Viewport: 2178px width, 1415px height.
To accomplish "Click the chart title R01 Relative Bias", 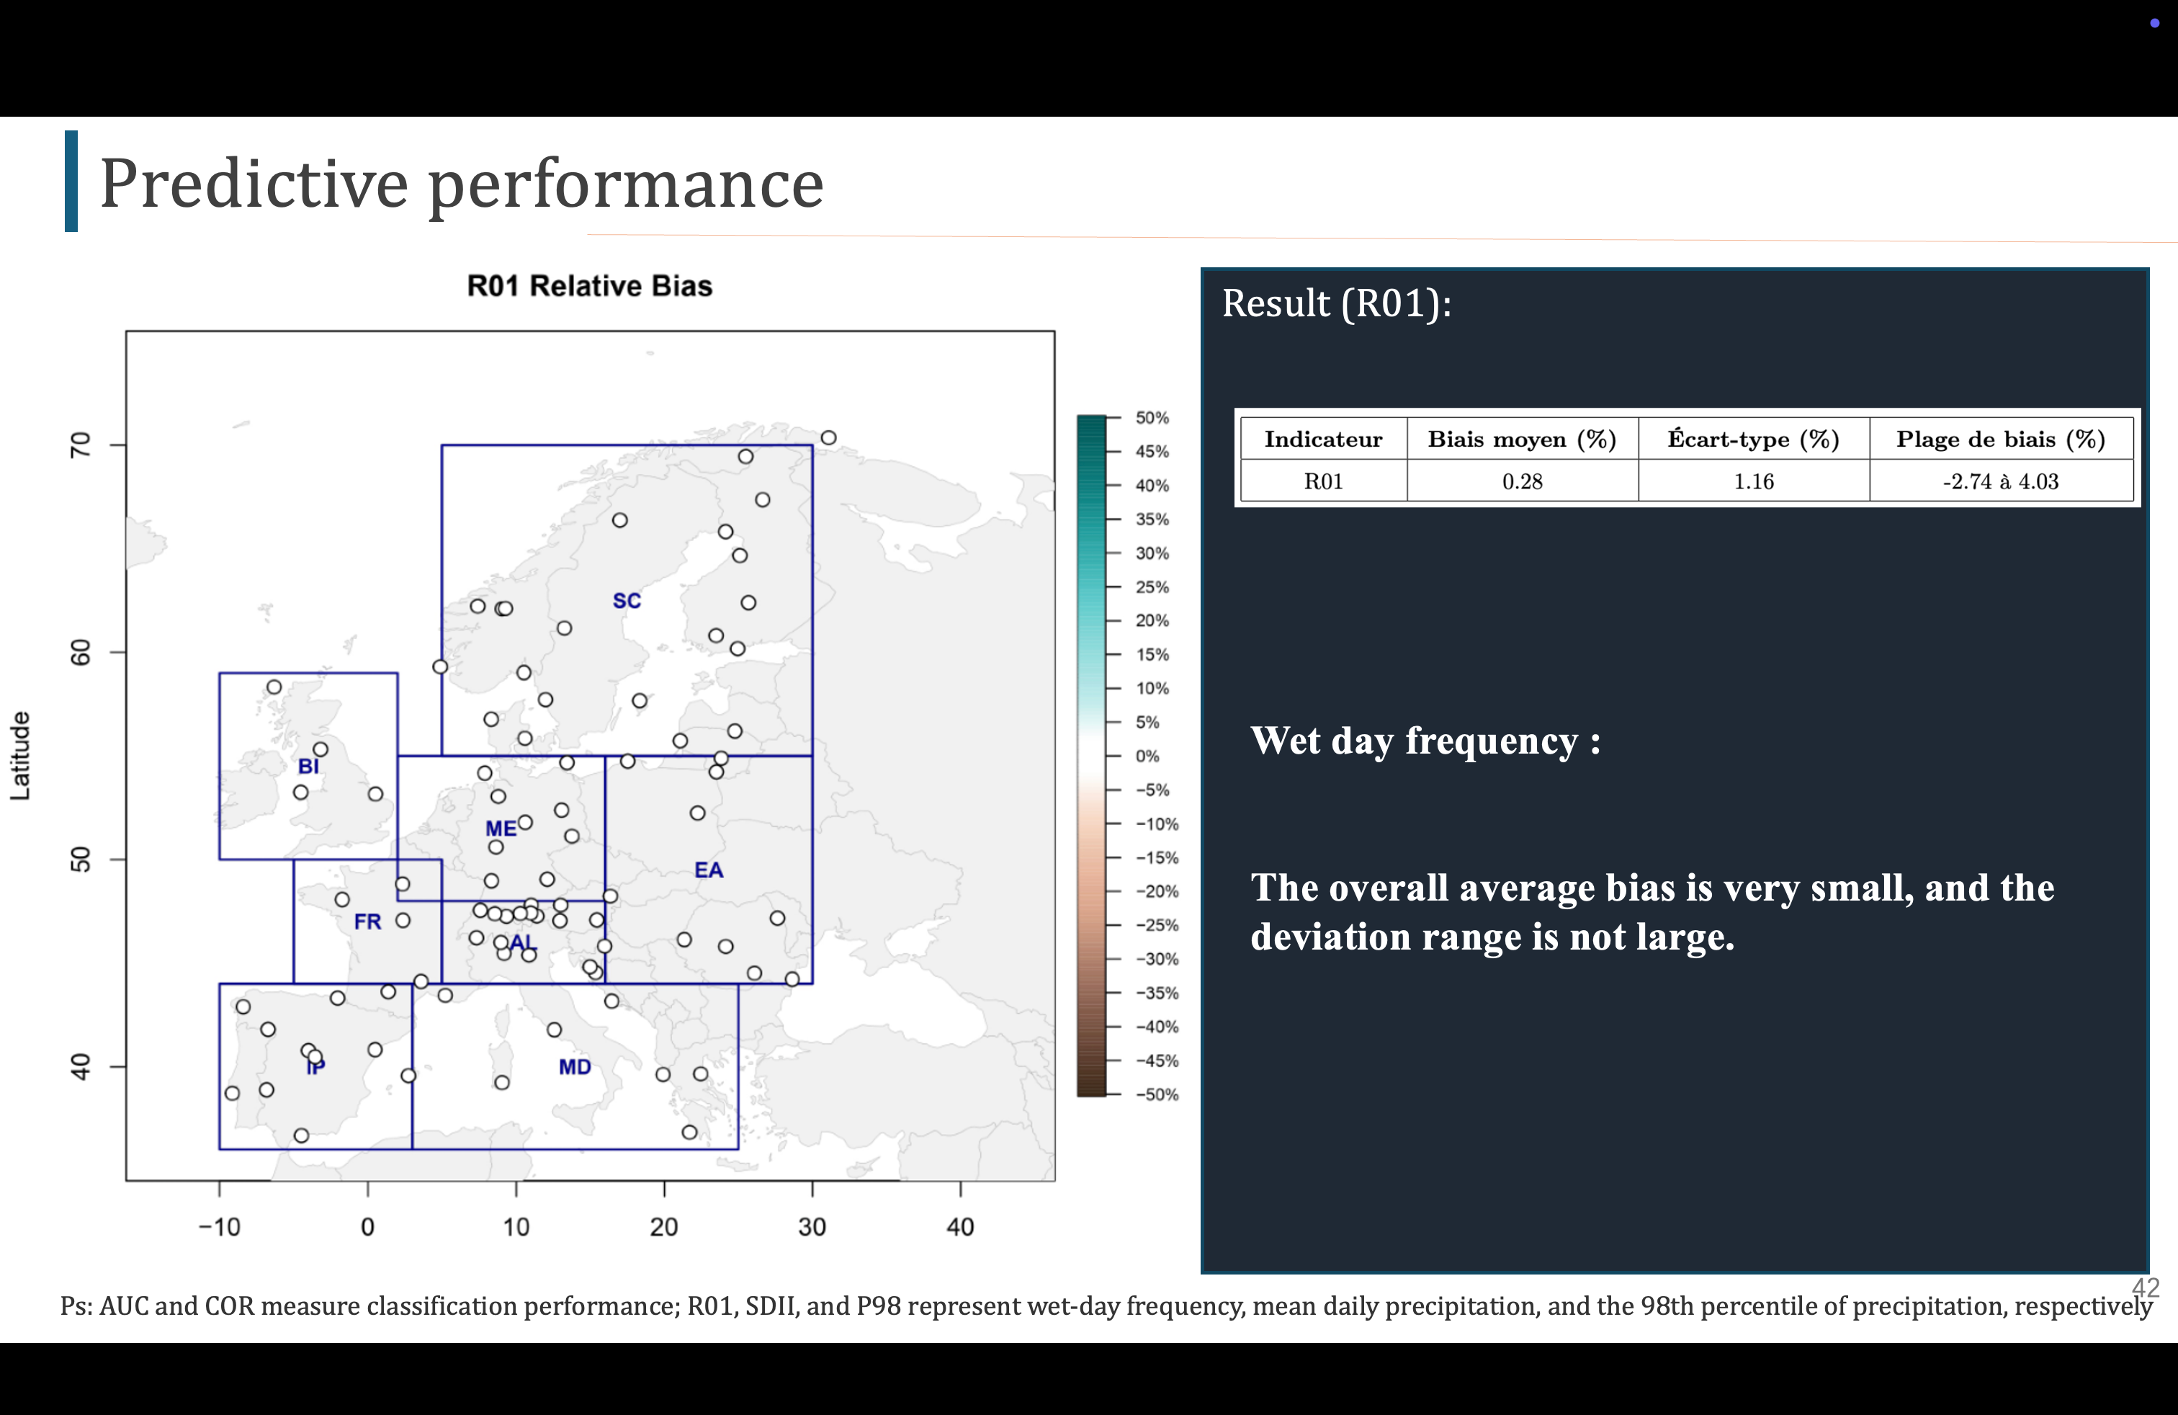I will tap(589, 287).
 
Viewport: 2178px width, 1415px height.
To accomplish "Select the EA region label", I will tap(708, 870).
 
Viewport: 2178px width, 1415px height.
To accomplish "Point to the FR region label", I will tap(367, 921).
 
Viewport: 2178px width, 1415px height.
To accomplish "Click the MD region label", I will tap(575, 1067).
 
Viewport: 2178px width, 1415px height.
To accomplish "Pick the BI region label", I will tap(308, 766).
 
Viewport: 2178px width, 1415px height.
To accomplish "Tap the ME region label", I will tap(501, 829).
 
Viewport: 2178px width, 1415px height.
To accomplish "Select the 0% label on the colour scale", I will tap(1147, 756).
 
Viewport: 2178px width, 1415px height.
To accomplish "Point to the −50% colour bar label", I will tap(1157, 1094).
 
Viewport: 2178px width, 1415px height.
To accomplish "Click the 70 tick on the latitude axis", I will tap(81, 445).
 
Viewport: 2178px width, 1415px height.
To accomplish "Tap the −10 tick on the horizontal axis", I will tap(220, 1226).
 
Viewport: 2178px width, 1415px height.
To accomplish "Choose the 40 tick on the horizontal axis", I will tap(960, 1226).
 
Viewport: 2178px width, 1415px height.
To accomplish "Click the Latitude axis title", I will tap(20, 756).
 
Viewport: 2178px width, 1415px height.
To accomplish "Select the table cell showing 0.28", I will tap(1522, 481).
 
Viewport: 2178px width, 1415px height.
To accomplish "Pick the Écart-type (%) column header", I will tap(1752, 439).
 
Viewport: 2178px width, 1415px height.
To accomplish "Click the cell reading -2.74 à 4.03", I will tap(2001, 481).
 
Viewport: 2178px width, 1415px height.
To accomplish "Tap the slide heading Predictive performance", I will tap(461, 183).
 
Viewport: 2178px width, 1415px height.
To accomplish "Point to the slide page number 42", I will tap(2145, 1287).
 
